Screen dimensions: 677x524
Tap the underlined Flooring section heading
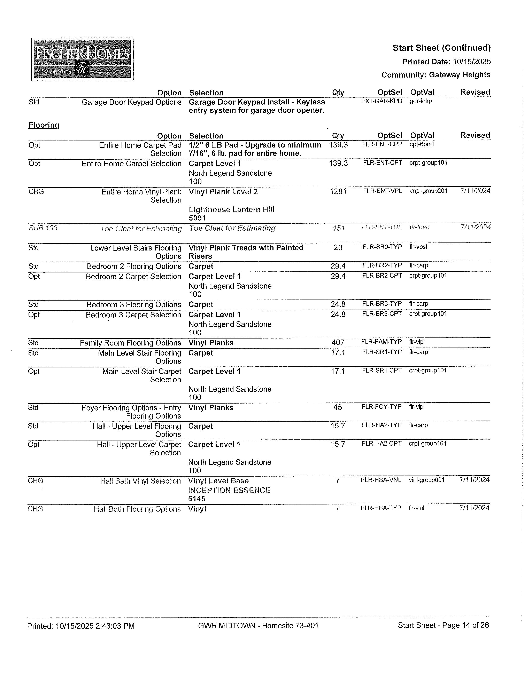[x=44, y=125]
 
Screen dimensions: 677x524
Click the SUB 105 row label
[x=43, y=228]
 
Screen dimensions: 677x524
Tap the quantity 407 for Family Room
[x=338, y=343]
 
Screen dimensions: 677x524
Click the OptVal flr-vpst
[x=418, y=247]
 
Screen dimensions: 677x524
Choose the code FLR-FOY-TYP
[x=381, y=407]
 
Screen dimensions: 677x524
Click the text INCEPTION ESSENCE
[x=229, y=490]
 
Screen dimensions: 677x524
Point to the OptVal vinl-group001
[x=427, y=480]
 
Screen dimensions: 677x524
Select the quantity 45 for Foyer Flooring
[x=338, y=407]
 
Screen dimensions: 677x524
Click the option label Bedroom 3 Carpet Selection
[x=133, y=315]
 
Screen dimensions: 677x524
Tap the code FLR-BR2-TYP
[x=382, y=266]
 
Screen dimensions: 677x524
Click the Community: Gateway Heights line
[x=436, y=75]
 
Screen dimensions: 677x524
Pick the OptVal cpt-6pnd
[x=421, y=144]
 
